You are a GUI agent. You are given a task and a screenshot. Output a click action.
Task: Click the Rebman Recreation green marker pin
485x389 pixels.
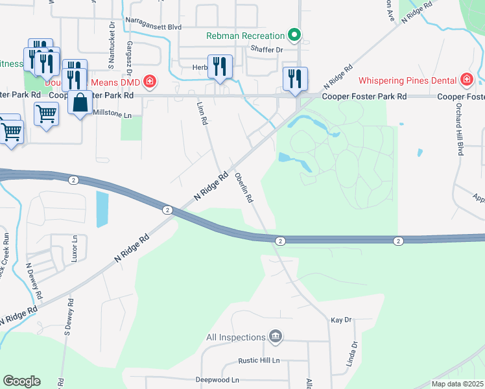[x=294, y=36]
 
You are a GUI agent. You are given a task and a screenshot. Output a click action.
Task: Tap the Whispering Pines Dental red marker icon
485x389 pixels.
[x=466, y=80]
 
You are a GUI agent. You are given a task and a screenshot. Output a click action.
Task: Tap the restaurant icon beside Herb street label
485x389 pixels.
[x=220, y=67]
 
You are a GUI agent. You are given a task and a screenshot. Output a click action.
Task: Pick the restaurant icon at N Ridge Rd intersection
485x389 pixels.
[x=295, y=78]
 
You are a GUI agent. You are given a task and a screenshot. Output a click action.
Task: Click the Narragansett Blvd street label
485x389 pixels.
[x=154, y=28]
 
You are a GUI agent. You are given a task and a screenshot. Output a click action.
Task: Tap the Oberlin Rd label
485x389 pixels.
[x=244, y=188]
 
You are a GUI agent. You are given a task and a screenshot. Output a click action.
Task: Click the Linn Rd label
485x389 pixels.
[x=202, y=112]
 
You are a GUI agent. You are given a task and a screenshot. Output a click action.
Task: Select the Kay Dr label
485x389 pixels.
[x=340, y=320]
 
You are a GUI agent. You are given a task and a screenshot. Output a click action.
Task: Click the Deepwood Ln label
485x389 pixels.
[x=218, y=380]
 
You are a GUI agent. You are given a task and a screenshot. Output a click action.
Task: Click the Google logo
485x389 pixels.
[x=21, y=381]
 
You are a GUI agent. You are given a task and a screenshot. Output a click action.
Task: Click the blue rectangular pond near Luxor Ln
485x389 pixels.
[x=102, y=209]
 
